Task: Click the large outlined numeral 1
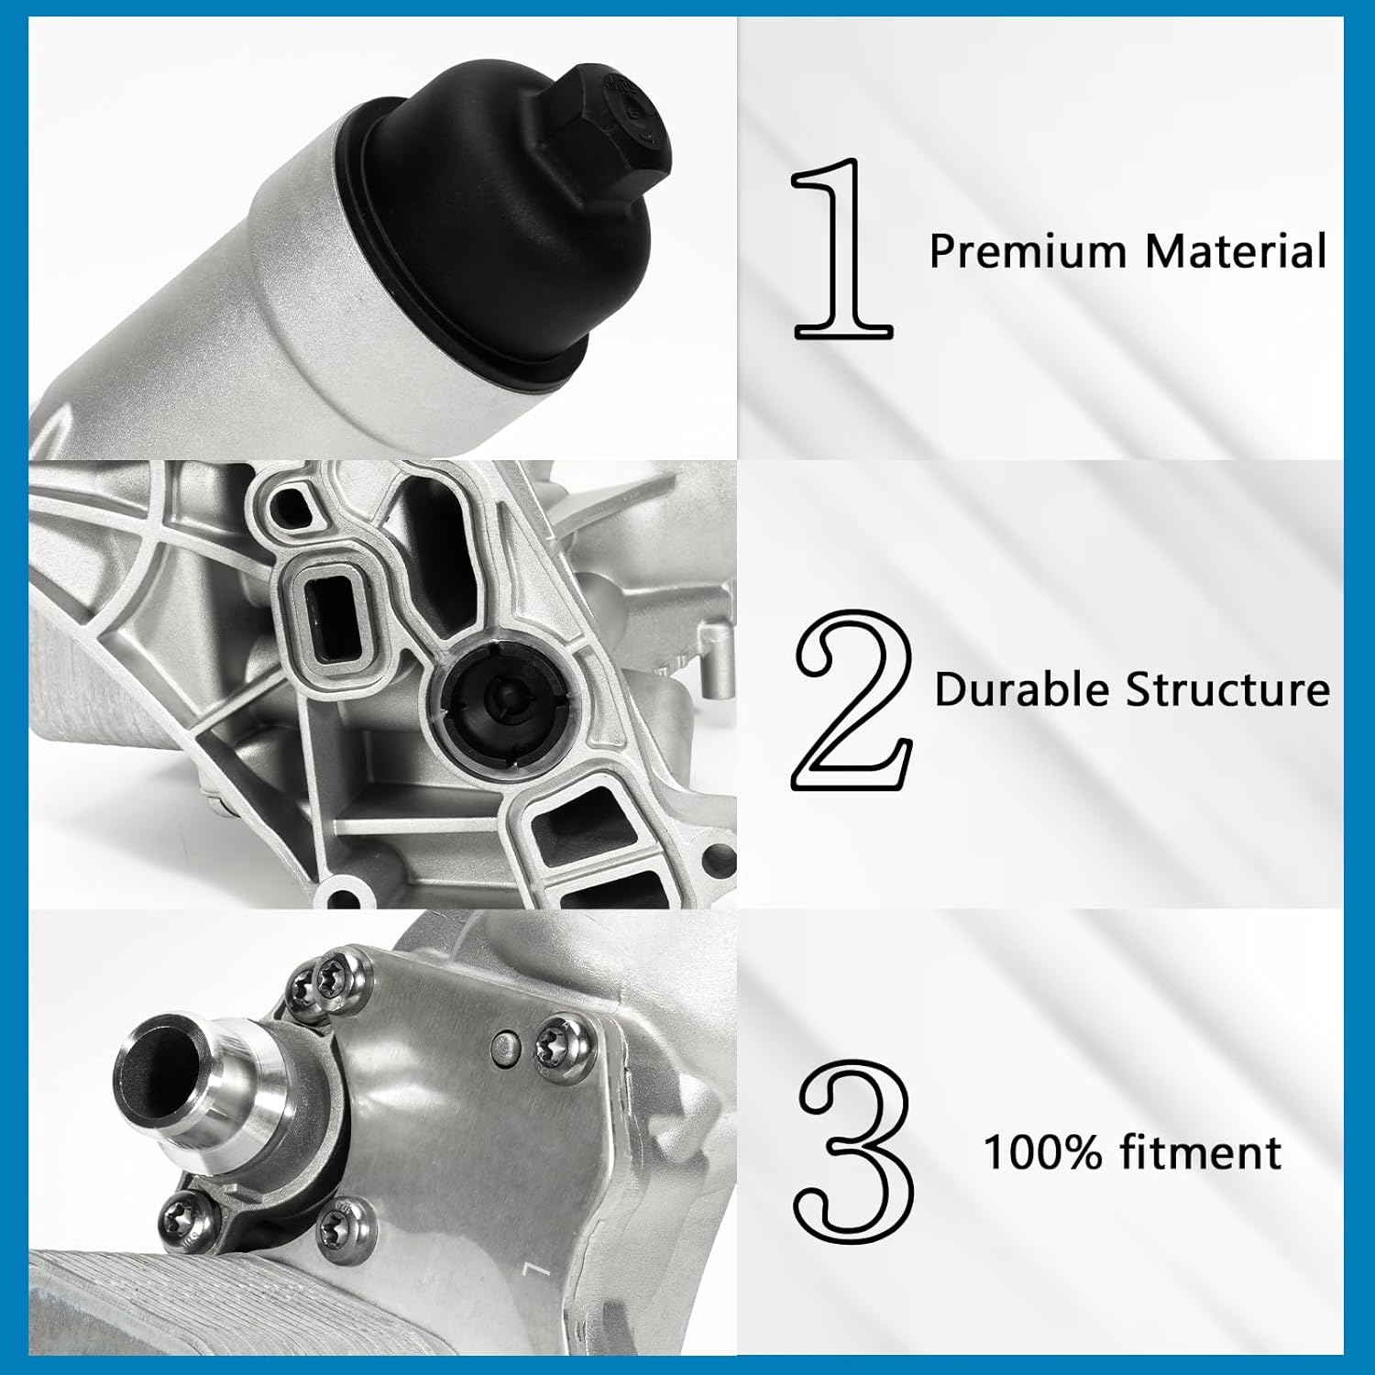coord(841,249)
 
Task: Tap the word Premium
coord(1027,251)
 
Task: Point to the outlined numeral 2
coord(852,701)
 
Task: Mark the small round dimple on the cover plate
coord(502,1044)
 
